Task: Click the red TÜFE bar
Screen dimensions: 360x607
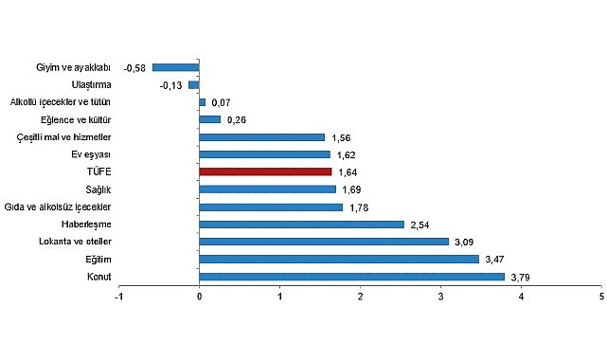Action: click(x=265, y=171)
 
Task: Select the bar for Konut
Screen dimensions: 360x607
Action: click(x=351, y=277)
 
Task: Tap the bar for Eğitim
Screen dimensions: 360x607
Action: click(x=339, y=259)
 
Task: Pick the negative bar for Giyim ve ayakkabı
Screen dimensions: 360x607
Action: click(x=176, y=67)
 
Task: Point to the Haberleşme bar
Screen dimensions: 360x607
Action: click(x=301, y=225)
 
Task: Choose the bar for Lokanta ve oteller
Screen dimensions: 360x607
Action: click(x=324, y=242)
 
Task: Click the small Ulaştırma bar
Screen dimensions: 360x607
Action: click(x=194, y=84)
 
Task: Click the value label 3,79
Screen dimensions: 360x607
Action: click(x=520, y=277)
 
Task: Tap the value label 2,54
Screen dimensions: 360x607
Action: click(x=419, y=225)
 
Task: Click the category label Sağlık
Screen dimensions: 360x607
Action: click(x=98, y=189)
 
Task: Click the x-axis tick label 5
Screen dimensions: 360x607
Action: click(x=601, y=297)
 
